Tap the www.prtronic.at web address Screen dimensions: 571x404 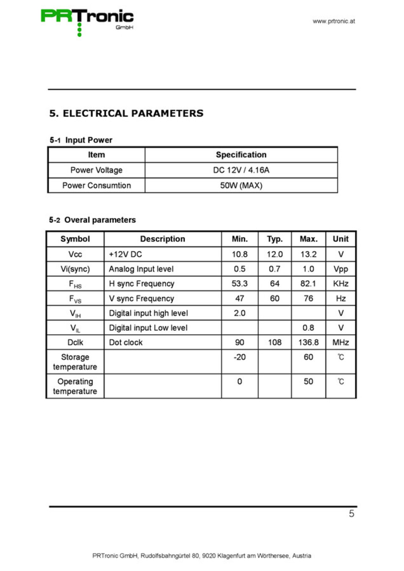coord(334,21)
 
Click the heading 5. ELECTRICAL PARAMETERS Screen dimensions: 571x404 coord(126,113)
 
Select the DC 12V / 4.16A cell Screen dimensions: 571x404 coord(241,170)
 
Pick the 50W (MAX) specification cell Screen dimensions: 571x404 coord(241,185)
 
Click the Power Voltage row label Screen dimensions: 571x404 coord(96,170)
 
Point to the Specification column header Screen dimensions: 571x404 coord(241,155)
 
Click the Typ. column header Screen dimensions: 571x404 coord(274,239)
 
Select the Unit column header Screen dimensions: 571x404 coord(340,239)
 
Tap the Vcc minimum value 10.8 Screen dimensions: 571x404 coord(239,254)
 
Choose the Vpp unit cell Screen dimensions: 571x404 coord(340,269)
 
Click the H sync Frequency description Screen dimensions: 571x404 coord(141,283)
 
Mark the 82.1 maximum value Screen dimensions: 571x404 coord(308,283)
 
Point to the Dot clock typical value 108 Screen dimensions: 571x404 coord(274,342)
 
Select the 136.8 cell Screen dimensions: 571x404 coord(308,342)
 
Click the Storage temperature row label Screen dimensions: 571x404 coord(75,362)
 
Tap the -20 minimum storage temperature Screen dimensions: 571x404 coord(239,357)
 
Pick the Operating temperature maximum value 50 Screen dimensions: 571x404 coord(308,382)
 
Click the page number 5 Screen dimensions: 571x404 coord(351,513)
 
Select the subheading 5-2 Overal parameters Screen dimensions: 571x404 coord(92,220)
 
